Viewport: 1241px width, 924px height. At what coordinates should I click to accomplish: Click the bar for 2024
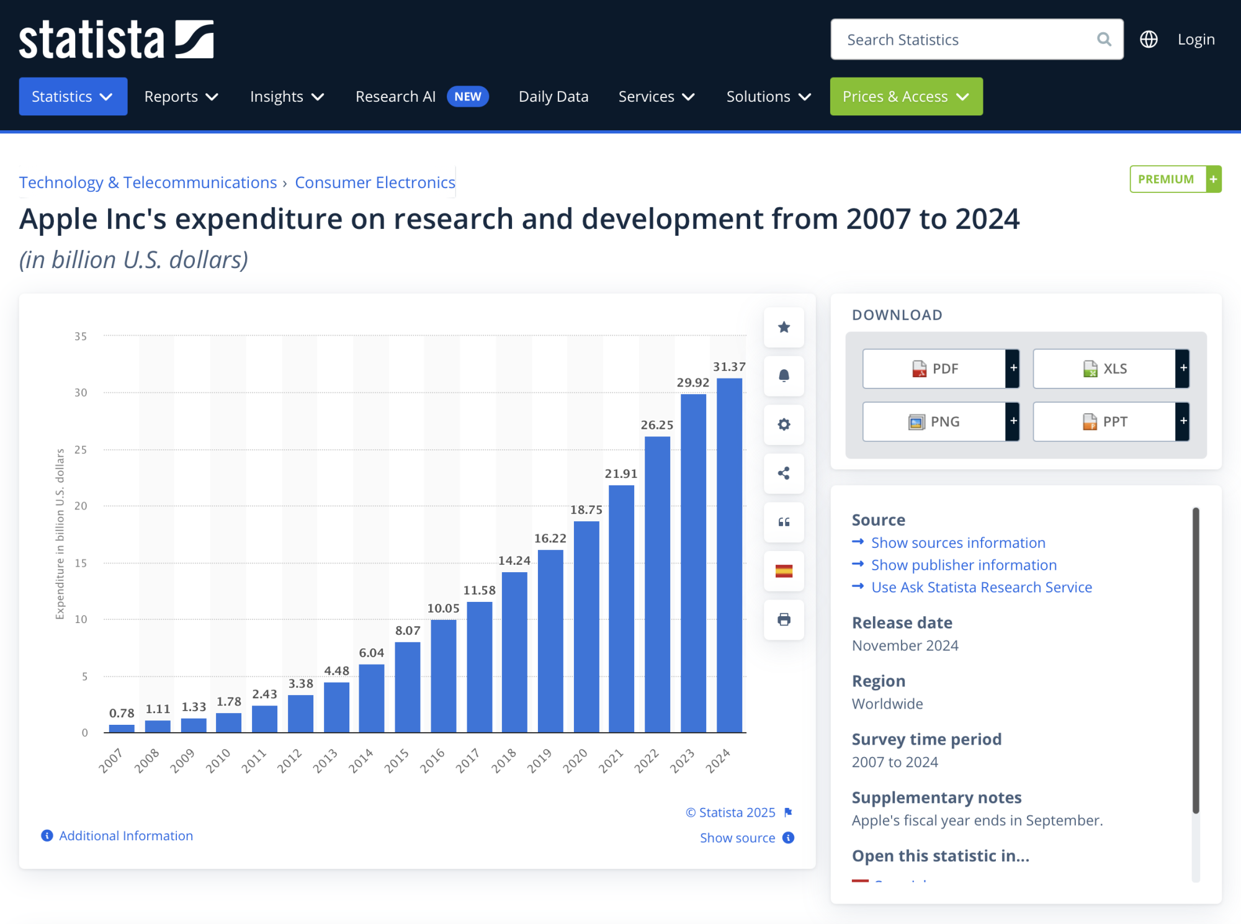click(729, 555)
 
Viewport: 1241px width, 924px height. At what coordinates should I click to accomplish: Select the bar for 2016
click(443, 676)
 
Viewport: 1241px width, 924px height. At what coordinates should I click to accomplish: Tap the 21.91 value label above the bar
click(620, 473)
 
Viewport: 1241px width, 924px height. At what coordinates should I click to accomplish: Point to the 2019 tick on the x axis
click(539, 760)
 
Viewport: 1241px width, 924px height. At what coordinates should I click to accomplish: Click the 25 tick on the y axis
click(81, 449)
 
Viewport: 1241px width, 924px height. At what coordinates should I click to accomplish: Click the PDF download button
click(934, 369)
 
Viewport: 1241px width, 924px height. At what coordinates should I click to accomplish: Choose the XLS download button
click(1104, 369)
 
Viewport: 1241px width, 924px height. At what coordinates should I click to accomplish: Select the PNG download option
click(934, 422)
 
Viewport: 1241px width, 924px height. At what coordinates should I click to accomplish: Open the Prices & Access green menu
click(906, 97)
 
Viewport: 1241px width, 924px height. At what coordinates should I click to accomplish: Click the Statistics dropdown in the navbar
click(73, 97)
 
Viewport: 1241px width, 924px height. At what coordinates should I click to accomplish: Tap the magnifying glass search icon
click(1104, 40)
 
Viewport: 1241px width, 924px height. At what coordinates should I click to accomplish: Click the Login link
click(1196, 40)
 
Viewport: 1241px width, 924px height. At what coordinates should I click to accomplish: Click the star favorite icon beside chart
click(784, 327)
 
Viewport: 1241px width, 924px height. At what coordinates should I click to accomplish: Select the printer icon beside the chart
click(784, 619)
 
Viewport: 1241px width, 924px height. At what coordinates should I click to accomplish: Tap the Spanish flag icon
click(784, 571)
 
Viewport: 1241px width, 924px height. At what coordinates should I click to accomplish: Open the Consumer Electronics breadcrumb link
click(375, 182)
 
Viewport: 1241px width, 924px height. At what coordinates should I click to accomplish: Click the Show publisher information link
click(963, 565)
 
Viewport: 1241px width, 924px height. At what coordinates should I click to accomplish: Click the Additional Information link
click(125, 836)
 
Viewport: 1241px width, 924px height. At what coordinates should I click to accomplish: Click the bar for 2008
click(158, 726)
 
